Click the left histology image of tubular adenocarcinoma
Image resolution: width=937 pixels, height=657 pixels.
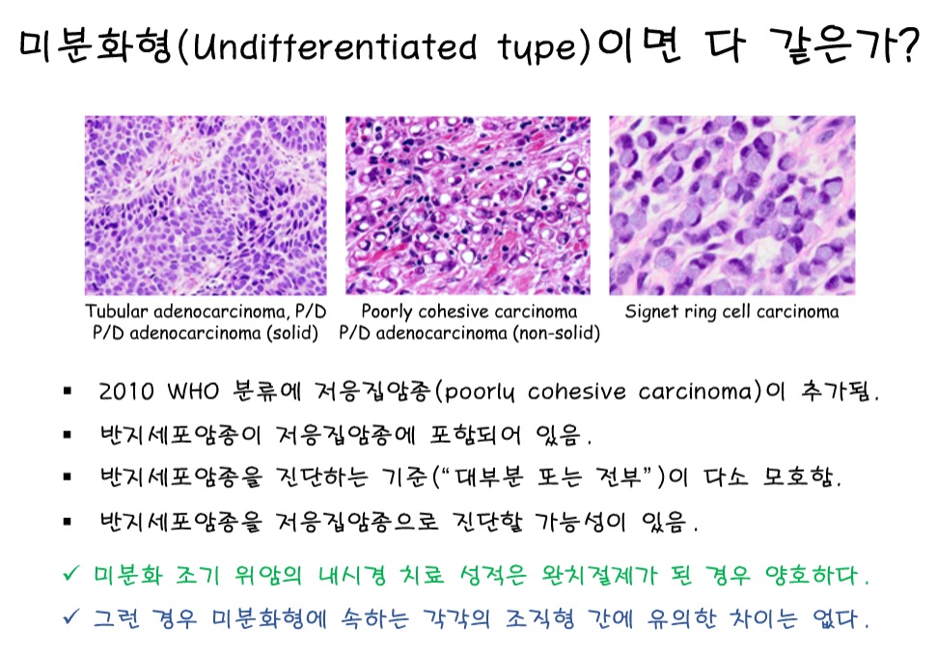point(206,205)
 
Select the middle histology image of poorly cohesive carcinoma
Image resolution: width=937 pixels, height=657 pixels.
point(468,205)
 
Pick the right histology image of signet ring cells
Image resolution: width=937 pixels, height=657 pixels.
point(732,205)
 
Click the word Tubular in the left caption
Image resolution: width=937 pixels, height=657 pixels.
point(116,312)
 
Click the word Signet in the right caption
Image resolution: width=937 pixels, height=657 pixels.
point(650,312)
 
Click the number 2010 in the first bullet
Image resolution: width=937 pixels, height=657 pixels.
point(126,392)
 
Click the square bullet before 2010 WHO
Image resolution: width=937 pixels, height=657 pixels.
point(68,392)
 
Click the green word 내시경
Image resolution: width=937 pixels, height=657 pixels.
point(352,575)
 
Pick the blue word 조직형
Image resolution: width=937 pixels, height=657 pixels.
point(539,618)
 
